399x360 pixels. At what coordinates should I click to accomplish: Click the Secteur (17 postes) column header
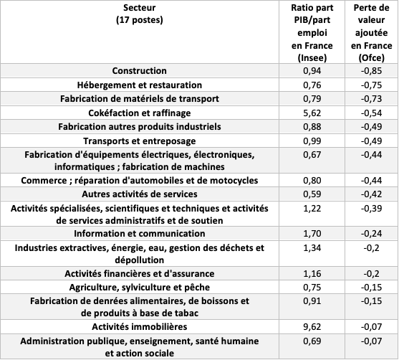[x=140, y=14]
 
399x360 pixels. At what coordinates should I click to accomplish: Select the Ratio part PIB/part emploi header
[x=312, y=33]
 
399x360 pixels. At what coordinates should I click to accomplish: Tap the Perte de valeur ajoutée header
[x=371, y=33]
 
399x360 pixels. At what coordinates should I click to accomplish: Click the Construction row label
[x=140, y=70]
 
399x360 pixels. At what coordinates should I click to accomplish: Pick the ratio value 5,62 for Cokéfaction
[x=312, y=113]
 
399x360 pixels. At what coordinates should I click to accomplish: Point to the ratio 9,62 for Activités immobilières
[x=312, y=326]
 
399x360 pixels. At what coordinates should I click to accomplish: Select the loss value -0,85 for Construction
[x=371, y=70]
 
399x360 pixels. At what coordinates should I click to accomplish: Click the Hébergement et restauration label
[x=140, y=85]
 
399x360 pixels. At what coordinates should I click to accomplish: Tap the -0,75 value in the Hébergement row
[x=371, y=85]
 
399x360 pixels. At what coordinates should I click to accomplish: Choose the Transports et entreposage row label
[x=140, y=141]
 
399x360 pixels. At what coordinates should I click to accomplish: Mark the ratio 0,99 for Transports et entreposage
[x=312, y=141]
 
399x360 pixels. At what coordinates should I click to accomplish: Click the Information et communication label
[x=140, y=233]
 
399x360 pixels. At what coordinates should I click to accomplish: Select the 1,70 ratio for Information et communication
[x=312, y=233]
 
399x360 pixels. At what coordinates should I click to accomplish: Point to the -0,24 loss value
[x=371, y=233]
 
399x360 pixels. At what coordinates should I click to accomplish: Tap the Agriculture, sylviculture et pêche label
[x=140, y=287]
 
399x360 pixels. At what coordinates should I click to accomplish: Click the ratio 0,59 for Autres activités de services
[x=312, y=194]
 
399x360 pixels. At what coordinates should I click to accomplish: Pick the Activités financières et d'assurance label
[x=140, y=273]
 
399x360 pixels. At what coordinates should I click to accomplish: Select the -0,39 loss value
[x=371, y=209]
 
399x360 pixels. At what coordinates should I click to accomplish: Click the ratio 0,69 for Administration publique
[x=312, y=341]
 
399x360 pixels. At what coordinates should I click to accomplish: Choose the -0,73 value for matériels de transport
[x=371, y=98]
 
